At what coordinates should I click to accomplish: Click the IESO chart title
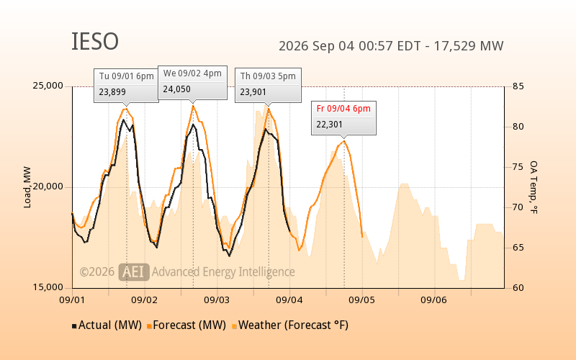(x=95, y=41)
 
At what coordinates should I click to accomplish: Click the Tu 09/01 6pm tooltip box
(x=127, y=86)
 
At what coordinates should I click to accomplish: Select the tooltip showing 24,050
(x=192, y=83)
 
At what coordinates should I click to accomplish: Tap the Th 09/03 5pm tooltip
(x=268, y=85)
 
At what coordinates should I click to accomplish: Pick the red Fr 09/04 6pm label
(x=343, y=109)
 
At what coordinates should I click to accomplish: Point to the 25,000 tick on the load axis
(x=48, y=86)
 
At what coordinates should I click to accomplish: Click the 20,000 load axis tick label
(x=48, y=186)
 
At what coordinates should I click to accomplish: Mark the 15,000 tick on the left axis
(x=48, y=287)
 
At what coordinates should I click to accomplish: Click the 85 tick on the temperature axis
(x=518, y=86)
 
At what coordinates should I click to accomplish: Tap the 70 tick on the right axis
(x=518, y=207)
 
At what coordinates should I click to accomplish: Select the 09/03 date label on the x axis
(x=217, y=300)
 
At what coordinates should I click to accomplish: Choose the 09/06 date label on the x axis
(x=434, y=300)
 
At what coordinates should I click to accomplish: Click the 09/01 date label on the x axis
(x=72, y=300)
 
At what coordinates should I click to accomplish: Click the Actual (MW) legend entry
(x=107, y=325)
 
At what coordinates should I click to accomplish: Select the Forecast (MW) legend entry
(x=186, y=325)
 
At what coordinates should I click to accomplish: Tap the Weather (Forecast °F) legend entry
(x=290, y=325)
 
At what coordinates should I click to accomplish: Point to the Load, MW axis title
(x=27, y=187)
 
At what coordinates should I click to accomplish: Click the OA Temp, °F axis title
(x=534, y=187)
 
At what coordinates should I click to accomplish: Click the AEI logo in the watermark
(x=134, y=272)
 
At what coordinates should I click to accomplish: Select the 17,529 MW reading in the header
(x=469, y=46)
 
